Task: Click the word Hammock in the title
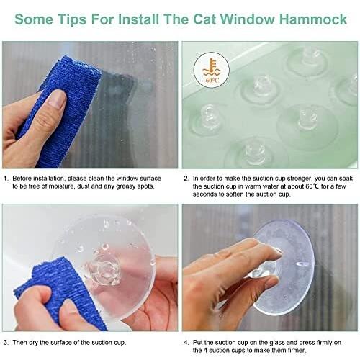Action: pyautogui.click(x=313, y=19)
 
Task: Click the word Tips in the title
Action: pyautogui.click(x=72, y=19)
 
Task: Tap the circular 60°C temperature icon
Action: pyautogui.click(x=212, y=70)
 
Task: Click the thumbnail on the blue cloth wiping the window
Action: pyautogui.click(x=57, y=99)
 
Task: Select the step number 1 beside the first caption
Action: pyautogui.click(x=6, y=179)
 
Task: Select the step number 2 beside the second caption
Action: pyautogui.click(x=186, y=179)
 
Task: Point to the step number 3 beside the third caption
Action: pyautogui.click(x=6, y=343)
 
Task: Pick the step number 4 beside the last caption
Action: pyautogui.click(x=186, y=343)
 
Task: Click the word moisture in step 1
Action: pyautogui.click(x=60, y=186)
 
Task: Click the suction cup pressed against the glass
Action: pyautogui.click(x=283, y=268)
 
